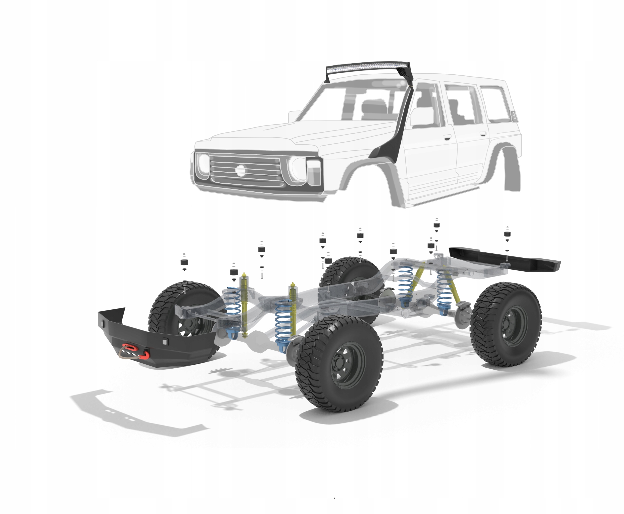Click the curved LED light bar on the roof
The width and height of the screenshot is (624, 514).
(367, 68)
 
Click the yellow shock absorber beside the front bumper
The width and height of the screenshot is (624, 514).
(244, 305)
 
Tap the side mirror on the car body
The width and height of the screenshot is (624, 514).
(294, 116)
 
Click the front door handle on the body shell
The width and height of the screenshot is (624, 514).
(447, 137)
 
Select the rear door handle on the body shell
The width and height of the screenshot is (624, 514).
(483, 134)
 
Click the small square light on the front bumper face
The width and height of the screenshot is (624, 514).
(165, 342)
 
